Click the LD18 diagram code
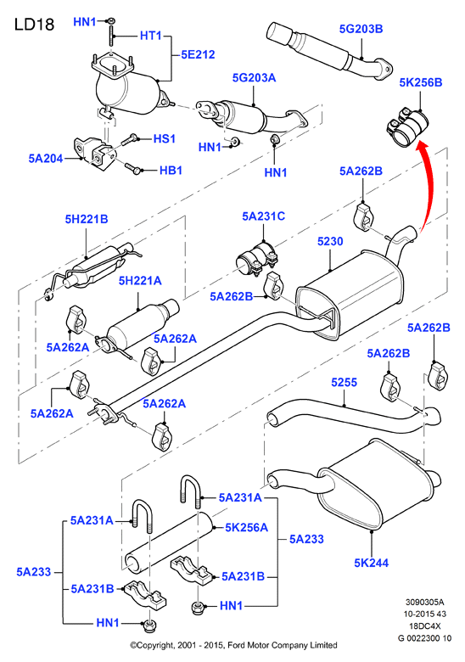click(34, 24)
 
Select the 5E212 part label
click(198, 54)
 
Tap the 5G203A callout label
click(254, 78)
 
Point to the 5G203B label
click(361, 29)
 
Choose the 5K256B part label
click(421, 82)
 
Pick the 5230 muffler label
click(330, 242)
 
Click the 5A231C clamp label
click(263, 216)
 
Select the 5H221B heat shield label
click(87, 219)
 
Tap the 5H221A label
click(140, 281)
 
